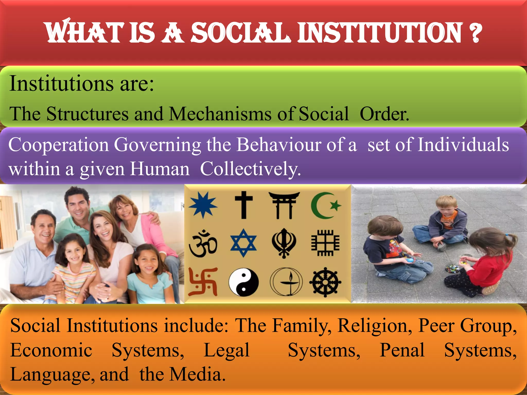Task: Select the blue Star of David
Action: (x=243, y=243)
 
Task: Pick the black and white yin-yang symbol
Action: (x=243, y=282)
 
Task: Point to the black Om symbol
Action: (x=203, y=243)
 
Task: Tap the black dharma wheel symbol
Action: (x=325, y=282)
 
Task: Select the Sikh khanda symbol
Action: (x=284, y=243)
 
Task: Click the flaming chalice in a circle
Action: (x=286, y=282)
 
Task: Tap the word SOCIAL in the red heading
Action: (x=241, y=33)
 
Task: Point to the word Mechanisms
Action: (x=220, y=114)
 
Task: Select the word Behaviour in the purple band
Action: (x=279, y=145)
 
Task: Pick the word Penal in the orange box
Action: (x=402, y=350)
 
